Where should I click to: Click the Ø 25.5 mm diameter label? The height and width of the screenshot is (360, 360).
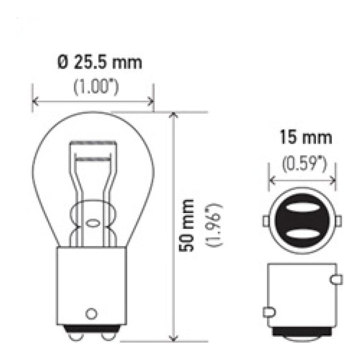(99, 63)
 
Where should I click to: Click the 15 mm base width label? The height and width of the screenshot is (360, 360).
(306, 138)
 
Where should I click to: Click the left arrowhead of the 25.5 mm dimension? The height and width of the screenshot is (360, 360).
(36, 102)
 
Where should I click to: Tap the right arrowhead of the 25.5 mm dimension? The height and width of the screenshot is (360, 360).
(150, 102)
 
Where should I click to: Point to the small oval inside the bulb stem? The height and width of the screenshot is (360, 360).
(91, 223)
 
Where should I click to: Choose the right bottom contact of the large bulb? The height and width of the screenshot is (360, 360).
(107, 332)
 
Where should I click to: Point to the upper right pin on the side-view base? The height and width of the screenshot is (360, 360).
(337, 280)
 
